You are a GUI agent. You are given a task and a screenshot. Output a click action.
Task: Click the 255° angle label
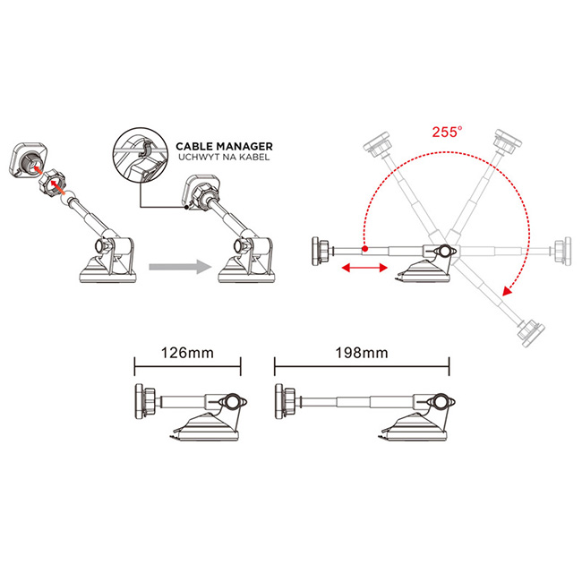448,132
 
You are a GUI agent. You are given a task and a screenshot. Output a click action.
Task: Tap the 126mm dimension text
187,353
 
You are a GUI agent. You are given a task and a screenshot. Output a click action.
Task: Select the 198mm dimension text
362,353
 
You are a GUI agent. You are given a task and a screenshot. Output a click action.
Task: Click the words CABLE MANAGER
224,146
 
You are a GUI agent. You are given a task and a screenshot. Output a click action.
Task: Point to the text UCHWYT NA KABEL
224,157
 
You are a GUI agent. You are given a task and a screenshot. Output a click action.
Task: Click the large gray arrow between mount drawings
180,267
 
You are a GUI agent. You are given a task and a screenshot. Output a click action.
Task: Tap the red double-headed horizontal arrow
364,268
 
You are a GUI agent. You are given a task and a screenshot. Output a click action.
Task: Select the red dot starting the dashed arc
364,249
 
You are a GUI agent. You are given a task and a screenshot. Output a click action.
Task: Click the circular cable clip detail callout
141,156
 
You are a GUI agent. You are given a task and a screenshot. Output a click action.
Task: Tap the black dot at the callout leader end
186,207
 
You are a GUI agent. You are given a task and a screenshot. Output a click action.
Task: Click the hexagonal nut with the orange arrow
53,183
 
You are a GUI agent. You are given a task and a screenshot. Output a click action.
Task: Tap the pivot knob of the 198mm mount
441,402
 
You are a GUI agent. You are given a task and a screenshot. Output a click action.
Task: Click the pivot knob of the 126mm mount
233,402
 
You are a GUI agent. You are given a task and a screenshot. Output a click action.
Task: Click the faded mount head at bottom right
531,332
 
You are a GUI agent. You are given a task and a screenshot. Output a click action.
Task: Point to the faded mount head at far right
563,251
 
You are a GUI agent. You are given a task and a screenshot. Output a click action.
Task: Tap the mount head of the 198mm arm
286,402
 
